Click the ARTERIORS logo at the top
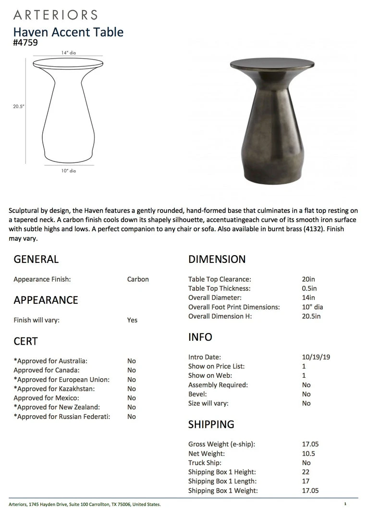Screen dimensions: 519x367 55,15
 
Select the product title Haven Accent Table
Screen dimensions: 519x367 68,32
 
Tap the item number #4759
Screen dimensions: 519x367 25,42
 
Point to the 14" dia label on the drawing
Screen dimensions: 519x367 69,53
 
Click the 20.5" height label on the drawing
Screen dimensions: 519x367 19,107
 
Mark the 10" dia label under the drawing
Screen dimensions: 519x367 68,171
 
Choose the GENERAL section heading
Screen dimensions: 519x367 36,259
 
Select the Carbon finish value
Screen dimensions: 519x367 138,279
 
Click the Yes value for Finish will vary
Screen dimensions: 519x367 132,320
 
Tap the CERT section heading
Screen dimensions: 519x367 25,341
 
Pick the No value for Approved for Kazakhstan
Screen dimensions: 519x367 131,389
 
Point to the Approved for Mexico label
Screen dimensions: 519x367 46,398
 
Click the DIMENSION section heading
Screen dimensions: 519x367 217,259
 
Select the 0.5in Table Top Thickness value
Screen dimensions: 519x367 309,289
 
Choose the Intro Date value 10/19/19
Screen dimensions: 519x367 316,357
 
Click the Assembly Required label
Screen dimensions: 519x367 218,385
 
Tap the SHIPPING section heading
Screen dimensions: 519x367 211,424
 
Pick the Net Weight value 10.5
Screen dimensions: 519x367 308,454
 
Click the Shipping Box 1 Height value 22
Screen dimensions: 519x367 306,472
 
